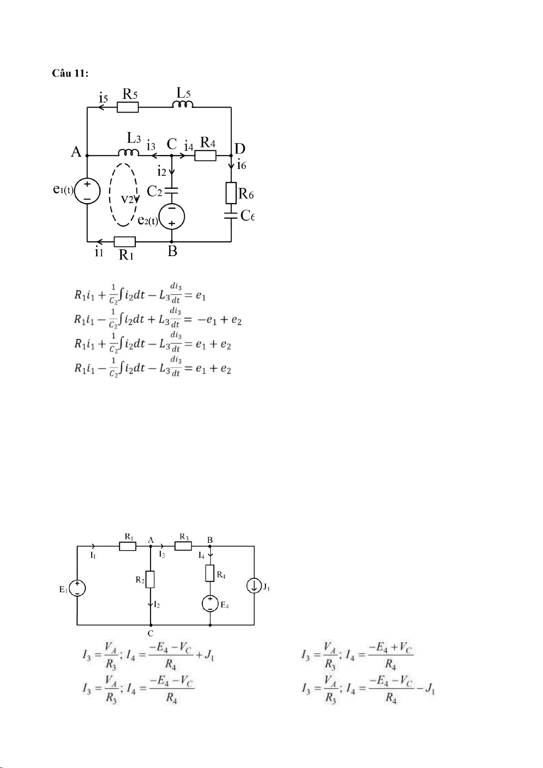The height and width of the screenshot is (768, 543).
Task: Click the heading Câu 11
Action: (x=70, y=73)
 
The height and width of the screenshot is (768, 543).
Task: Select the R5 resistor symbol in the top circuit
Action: (x=128, y=107)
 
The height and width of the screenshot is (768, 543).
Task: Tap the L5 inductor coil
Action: (x=182, y=104)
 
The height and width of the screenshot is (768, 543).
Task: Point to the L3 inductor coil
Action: (x=129, y=153)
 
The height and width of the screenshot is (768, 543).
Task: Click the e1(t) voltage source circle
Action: (x=87, y=191)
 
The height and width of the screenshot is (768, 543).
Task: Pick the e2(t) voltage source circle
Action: (x=172, y=216)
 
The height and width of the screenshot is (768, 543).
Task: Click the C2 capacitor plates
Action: (x=172, y=190)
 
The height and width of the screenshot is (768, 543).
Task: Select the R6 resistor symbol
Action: (x=231, y=193)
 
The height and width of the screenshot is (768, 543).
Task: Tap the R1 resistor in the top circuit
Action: (x=124, y=242)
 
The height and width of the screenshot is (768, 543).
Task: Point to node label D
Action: (x=240, y=149)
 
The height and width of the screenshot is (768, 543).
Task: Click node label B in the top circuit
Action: (x=172, y=251)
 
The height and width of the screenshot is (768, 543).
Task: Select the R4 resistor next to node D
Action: (x=206, y=156)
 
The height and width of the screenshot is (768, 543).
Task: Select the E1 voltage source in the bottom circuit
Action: (x=78, y=589)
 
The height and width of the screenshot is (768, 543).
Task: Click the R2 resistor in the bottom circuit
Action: (x=150, y=579)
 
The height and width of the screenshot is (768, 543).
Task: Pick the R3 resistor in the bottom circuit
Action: (x=183, y=546)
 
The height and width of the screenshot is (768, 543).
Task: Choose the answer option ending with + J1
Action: (x=148, y=656)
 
